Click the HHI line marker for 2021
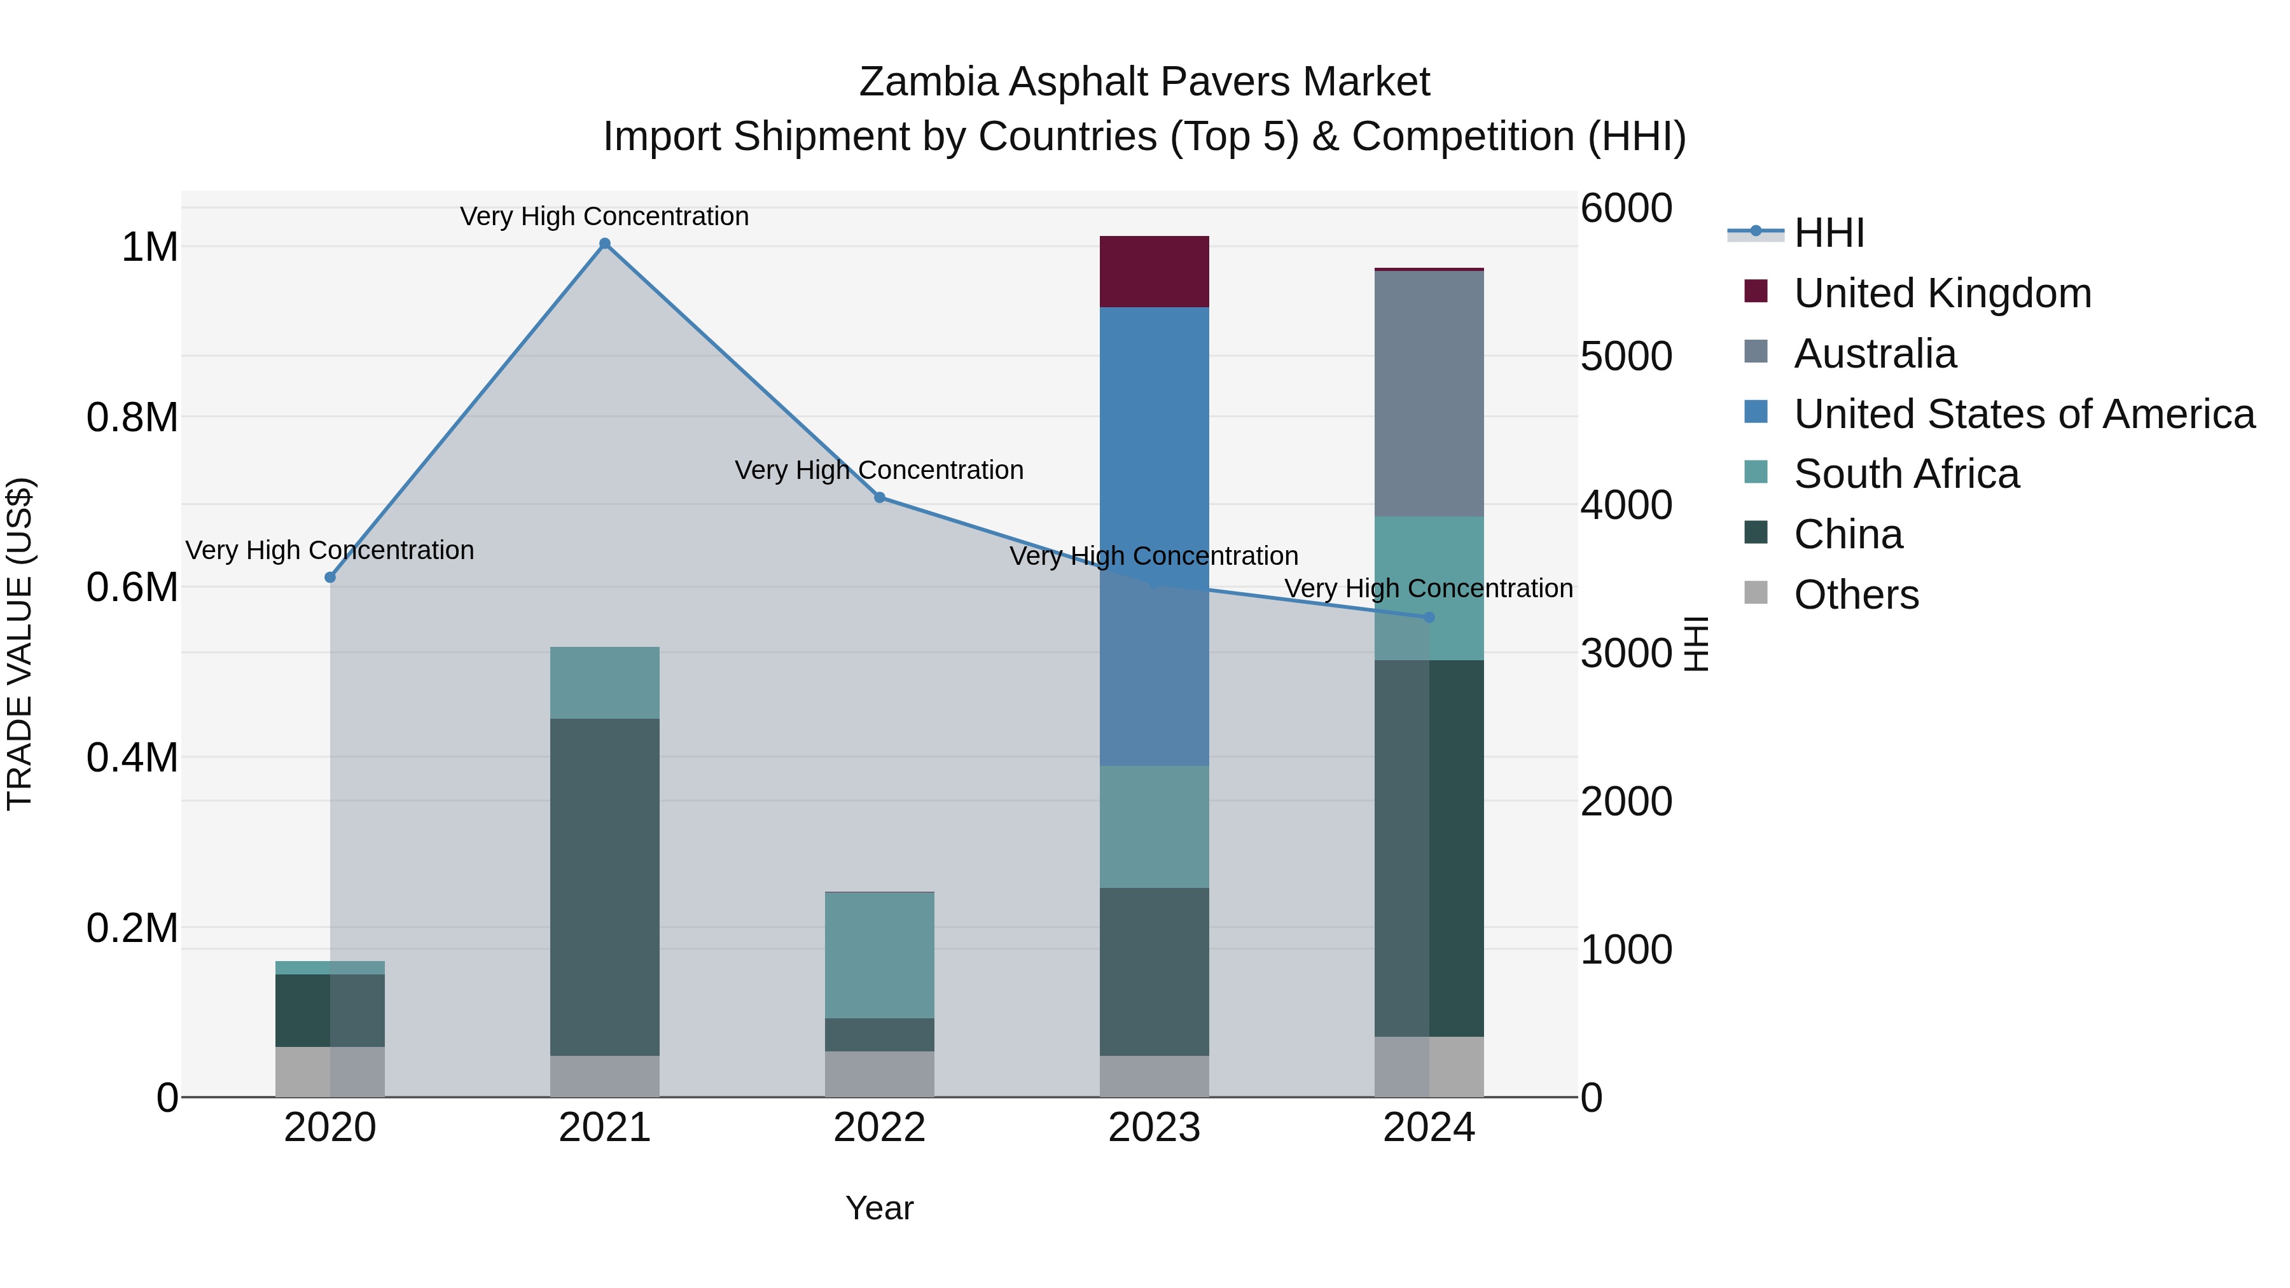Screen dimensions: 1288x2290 pos(604,244)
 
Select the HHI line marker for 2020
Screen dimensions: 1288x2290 pos(330,577)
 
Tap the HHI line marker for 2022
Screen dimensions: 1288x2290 pos(879,497)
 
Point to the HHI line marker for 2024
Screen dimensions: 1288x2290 pos(1429,617)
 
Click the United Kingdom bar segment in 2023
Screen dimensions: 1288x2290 pos(1154,271)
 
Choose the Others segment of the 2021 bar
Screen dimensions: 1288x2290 pos(604,1076)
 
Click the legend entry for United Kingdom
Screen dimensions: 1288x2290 pos(1943,293)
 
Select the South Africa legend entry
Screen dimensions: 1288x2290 pos(1906,474)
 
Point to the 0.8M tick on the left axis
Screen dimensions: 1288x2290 pos(132,417)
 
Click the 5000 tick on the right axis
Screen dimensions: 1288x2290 pos(1626,356)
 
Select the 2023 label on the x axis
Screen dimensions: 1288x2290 pos(1154,1128)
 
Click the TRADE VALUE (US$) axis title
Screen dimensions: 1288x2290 pos(20,644)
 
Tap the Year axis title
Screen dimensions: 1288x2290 pos(879,1208)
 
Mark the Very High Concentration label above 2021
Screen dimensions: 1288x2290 pos(604,216)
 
